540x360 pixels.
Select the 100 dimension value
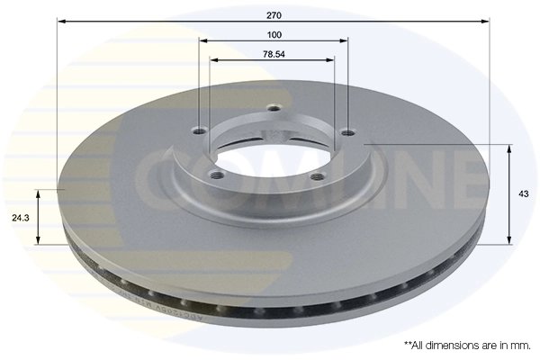[274, 34]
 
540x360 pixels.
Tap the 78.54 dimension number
[274, 54]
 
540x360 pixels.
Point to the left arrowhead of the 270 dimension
[60, 20]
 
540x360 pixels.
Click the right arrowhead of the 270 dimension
[487, 20]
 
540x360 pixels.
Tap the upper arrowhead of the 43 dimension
[511, 147]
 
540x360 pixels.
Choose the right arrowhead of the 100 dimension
[346, 40]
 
